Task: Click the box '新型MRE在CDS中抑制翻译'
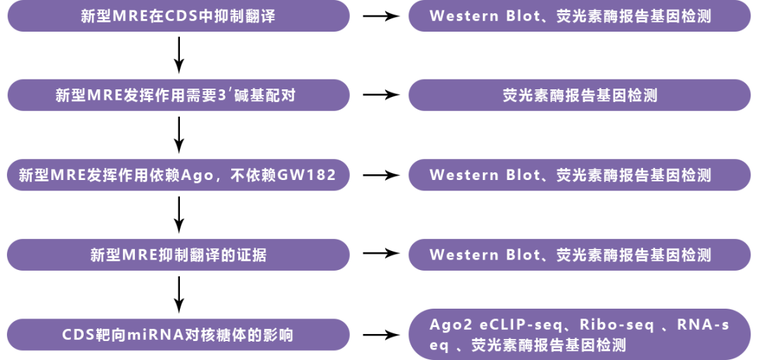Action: (x=179, y=15)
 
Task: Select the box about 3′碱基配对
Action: (x=179, y=95)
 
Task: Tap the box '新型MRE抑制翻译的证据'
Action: (x=179, y=255)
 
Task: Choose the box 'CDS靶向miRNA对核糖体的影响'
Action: (x=179, y=335)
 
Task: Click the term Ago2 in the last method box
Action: (x=447, y=325)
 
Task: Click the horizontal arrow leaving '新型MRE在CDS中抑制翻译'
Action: (x=379, y=15)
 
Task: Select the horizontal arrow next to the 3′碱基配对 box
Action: (x=379, y=95)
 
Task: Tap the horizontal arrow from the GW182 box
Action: (x=379, y=175)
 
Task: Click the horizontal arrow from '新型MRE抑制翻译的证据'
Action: (x=379, y=255)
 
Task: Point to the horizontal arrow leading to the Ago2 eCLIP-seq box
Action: (x=379, y=335)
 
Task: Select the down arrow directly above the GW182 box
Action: (x=179, y=135)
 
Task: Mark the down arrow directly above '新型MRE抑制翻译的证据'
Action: (x=179, y=214)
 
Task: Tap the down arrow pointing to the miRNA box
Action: (x=179, y=295)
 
